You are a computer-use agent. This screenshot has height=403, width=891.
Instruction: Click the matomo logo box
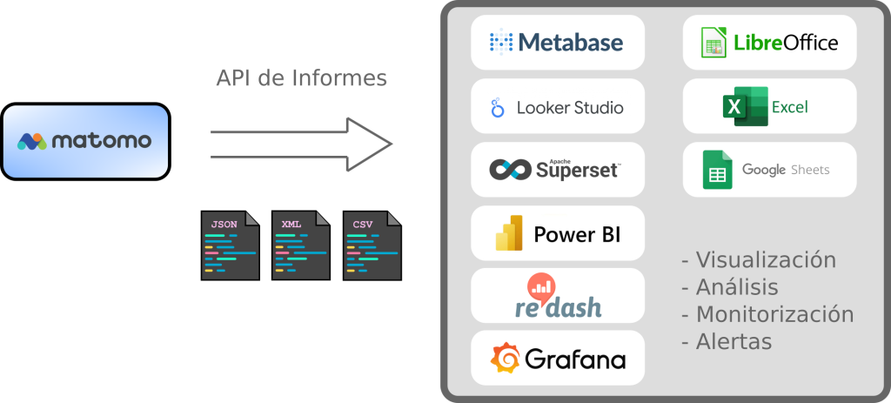[85, 141]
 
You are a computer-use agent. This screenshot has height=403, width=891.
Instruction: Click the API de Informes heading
[301, 78]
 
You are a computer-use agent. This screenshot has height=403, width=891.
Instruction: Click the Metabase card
[558, 42]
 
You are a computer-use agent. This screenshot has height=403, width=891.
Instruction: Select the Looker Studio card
[558, 106]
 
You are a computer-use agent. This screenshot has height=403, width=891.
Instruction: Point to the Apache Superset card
[558, 170]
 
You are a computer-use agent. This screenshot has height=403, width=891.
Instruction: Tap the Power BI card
[558, 232]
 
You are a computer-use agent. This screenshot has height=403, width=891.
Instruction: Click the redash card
[558, 295]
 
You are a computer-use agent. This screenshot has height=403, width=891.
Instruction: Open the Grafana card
[558, 358]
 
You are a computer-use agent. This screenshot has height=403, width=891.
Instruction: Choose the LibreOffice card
[769, 42]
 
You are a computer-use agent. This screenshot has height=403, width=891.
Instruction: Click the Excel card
[769, 106]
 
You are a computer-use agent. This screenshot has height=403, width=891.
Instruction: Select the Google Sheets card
[769, 169]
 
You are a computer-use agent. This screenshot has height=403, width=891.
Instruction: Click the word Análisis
[737, 287]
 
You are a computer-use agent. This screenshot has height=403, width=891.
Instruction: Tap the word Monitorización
[774, 314]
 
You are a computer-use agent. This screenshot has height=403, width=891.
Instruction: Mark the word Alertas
[734, 341]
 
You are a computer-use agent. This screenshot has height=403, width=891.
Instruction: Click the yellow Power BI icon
[508, 233]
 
